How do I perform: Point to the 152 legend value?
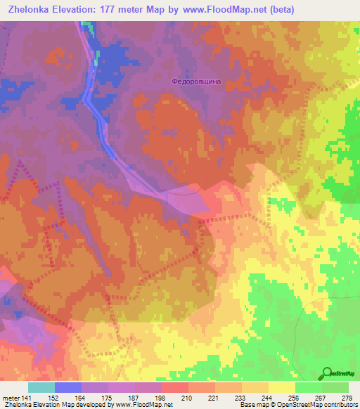[55, 398]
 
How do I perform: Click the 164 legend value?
[82, 398]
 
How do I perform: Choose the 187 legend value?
[136, 398]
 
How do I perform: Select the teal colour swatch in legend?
[41, 387]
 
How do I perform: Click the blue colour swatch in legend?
[68, 387]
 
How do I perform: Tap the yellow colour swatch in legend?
[281, 387]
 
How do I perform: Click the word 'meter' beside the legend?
[11, 398]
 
